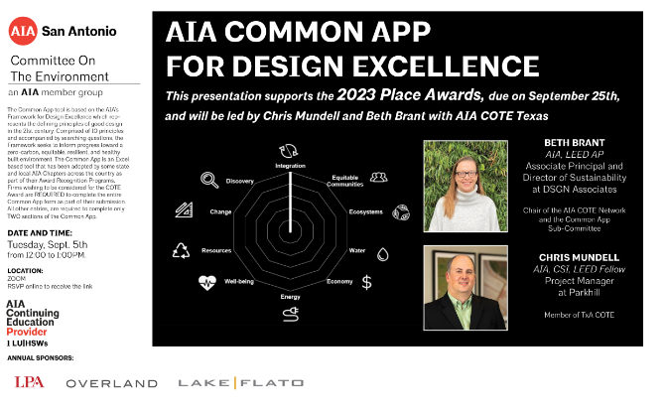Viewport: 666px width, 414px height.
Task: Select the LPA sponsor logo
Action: point(30,382)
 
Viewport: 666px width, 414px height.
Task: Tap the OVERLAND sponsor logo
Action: point(111,383)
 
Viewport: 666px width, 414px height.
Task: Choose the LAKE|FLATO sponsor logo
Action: point(222,382)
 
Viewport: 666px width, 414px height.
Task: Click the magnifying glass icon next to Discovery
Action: point(209,152)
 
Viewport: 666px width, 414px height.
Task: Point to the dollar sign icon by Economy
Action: point(367,282)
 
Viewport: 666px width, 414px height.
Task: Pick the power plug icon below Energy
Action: point(291,315)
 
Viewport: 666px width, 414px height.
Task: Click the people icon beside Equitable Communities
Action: point(377,150)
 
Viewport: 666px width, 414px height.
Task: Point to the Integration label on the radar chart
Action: point(290,166)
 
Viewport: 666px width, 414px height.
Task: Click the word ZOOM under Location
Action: point(17,279)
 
